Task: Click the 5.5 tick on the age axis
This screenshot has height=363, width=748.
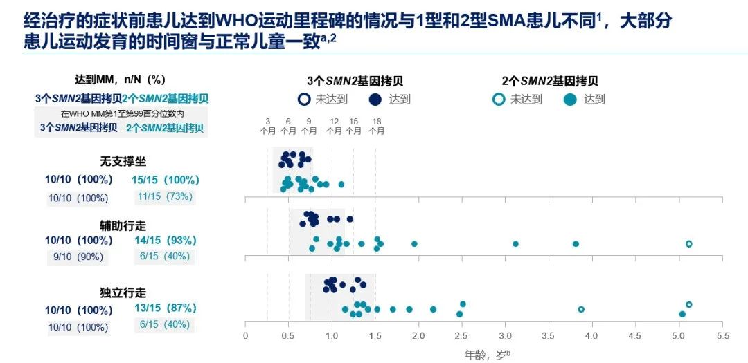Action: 722,336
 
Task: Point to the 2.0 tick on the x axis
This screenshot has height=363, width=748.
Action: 418,336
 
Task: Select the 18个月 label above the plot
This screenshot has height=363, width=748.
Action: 377,125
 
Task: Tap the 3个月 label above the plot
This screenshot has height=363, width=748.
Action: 268,125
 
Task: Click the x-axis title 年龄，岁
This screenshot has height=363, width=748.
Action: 487,354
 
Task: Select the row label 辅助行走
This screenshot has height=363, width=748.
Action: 123,225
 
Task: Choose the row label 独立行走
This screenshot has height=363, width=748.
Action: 123,293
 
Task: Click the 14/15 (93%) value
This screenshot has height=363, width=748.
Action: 164,241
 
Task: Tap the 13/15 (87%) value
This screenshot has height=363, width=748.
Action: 164,308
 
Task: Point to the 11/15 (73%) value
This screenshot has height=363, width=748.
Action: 164,196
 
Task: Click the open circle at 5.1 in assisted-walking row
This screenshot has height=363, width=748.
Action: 688,244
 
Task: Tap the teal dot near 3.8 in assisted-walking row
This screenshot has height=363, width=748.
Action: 576,244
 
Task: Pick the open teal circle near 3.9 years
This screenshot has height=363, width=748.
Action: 581,309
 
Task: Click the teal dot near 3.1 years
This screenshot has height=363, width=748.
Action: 515,244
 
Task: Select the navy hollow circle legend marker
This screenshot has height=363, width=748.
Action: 303,100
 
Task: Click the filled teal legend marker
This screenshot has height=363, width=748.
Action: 571,100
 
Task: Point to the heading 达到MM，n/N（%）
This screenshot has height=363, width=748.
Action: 120,80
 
